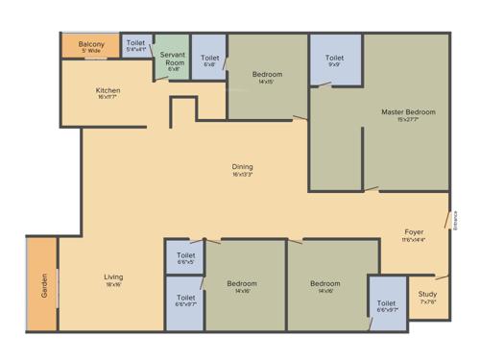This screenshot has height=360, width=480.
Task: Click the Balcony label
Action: click(92, 44)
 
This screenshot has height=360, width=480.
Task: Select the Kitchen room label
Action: click(108, 91)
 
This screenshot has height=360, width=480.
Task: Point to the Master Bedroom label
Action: click(399, 111)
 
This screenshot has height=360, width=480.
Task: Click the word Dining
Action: click(242, 167)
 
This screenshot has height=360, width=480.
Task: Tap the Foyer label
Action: click(414, 231)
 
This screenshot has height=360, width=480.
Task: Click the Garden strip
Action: click(43, 285)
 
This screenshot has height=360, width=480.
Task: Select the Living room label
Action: click(113, 277)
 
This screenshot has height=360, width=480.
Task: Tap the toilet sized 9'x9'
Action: click(334, 59)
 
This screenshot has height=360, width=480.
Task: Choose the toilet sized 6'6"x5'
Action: click(185, 254)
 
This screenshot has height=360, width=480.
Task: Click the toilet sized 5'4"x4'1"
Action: click(136, 44)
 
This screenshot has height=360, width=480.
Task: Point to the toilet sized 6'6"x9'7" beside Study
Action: click(387, 306)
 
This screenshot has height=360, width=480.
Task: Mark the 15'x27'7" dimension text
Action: click(399, 120)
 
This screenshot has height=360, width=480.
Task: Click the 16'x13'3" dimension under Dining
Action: click(242, 176)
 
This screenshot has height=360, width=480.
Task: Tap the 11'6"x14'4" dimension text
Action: click(414, 240)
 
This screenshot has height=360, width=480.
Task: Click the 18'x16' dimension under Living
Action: click(113, 285)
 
